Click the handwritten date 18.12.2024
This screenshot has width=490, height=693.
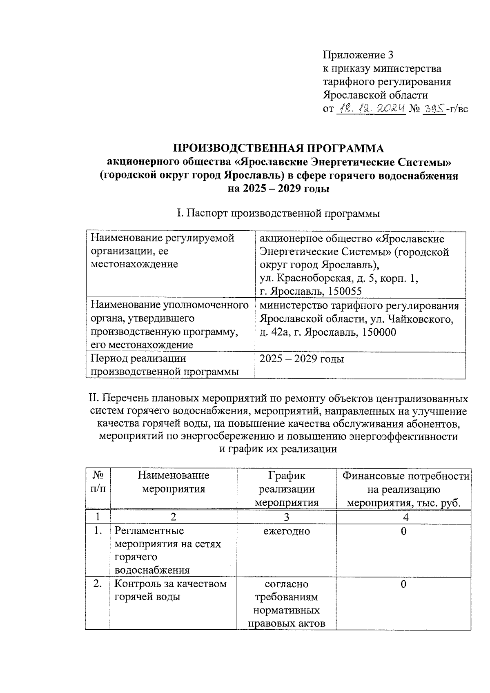click(x=370, y=108)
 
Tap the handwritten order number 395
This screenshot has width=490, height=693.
click(x=434, y=109)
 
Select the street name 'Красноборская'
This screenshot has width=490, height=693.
click(x=314, y=278)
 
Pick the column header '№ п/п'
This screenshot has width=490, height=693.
click(x=98, y=482)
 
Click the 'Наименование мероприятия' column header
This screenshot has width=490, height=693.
click(x=174, y=482)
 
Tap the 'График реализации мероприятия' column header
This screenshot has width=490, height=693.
click(x=287, y=489)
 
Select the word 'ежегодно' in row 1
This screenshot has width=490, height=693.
click(x=287, y=531)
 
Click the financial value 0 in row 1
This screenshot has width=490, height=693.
click(x=403, y=531)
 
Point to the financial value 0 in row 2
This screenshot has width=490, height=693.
click(x=403, y=584)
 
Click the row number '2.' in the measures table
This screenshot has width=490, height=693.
click(x=98, y=584)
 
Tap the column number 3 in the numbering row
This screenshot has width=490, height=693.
click(x=287, y=517)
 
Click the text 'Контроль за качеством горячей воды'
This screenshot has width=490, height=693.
click(x=170, y=590)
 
